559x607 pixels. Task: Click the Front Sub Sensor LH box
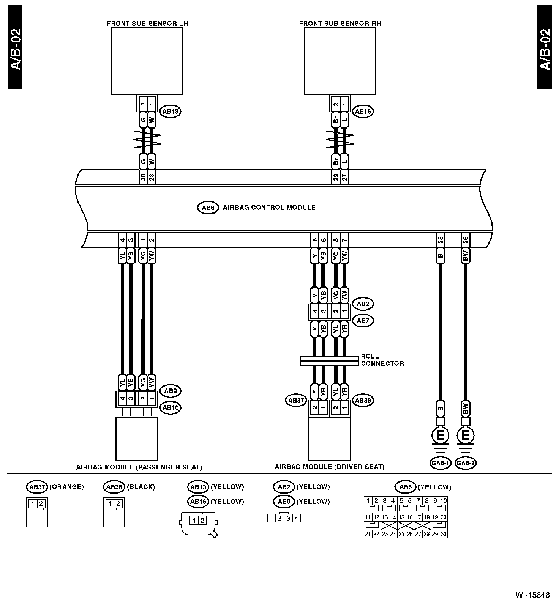147,61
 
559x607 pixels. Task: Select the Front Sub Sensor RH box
340,61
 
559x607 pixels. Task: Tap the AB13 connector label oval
171,112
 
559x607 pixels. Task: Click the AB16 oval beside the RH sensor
363,112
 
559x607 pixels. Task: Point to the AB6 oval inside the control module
208,208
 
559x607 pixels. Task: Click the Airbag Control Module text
269,208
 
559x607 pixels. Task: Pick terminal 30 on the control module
143,178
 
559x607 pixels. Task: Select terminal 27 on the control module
344,178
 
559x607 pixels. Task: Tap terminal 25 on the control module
441,240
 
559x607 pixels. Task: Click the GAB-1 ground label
441,463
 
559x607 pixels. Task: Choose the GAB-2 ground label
466,463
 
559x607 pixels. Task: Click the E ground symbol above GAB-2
466,436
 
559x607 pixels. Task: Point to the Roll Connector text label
382,360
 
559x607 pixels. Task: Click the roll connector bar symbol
329,361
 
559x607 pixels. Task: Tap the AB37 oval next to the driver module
296,400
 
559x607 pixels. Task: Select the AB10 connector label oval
171,408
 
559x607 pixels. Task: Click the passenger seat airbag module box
137,439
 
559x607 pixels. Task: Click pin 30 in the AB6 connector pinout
443,534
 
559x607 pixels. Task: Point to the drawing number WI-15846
532,595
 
